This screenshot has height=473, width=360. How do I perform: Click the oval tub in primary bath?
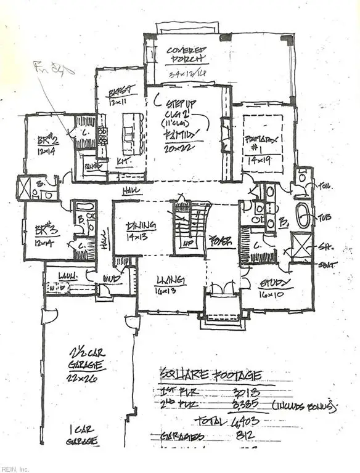pos(303,216)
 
